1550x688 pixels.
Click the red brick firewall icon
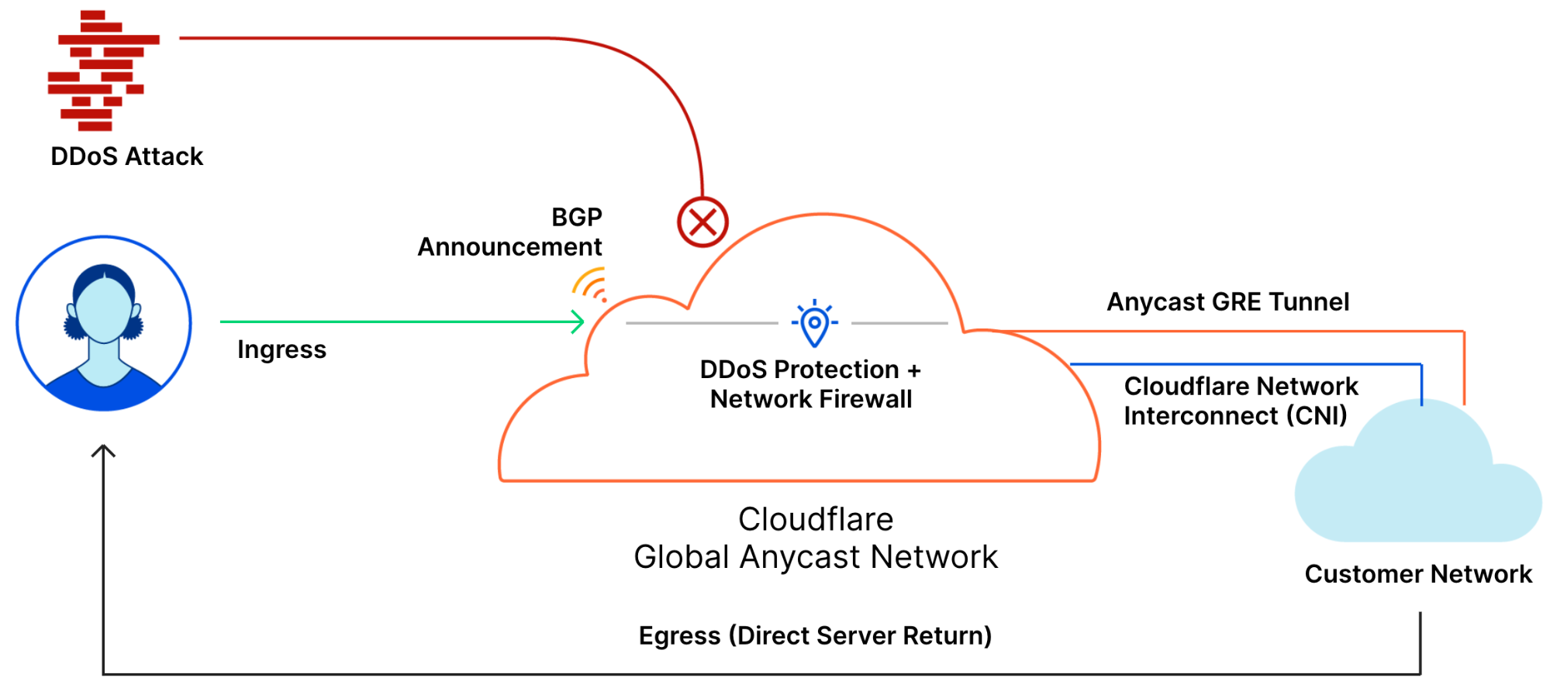tap(103, 71)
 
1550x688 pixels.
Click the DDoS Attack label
tap(126, 157)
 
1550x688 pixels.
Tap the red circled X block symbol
tap(703, 222)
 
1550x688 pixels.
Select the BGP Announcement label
tap(509, 232)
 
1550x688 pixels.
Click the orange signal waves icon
tap(590, 284)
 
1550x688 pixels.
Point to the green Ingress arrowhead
tap(578, 322)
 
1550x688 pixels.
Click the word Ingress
tap(281, 349)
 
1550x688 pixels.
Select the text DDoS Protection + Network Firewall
tap(811, 384)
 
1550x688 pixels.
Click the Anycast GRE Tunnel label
tap(1227, 301)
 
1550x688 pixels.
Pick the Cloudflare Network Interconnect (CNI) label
tap(1241, 401)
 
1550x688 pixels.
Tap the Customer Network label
tap(1418, 573)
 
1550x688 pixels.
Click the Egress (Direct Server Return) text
tap(815, 635)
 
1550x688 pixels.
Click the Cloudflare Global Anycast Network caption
tap(816, 538)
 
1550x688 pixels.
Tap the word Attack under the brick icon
tap(164, 157)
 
